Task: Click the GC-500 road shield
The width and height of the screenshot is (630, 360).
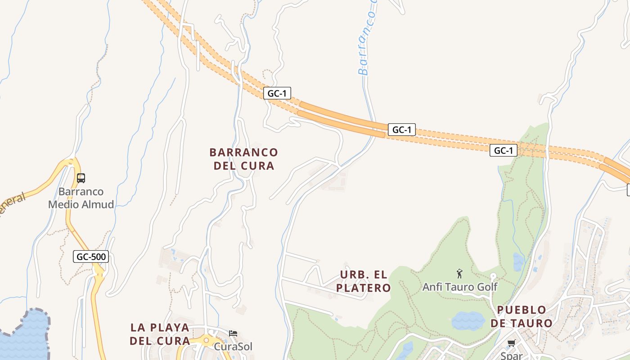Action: tap(91, 257)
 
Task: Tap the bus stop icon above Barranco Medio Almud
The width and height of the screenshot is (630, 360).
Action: tap(81, 178)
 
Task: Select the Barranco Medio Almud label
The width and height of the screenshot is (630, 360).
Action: tap(81, 198)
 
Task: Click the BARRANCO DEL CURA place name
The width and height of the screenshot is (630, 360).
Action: tap(244, 159)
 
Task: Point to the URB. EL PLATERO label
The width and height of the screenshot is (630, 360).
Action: tap(364, 281)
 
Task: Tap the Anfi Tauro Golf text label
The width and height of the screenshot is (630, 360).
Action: tap(459, 287)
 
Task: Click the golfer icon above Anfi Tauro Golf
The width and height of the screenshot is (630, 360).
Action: tap(459, 273)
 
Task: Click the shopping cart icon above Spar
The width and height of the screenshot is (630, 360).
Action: tap(511, 343)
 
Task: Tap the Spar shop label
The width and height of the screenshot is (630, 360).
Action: tap(512, 355)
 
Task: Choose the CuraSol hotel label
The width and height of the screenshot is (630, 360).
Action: tap(233, 346)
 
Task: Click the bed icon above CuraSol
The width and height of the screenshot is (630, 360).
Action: tap(233, 333)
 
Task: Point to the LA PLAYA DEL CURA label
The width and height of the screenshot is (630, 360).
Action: tap(160, 334)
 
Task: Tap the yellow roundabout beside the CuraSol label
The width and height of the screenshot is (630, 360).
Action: tap(206, 341)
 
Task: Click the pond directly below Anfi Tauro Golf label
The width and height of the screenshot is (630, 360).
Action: tap(468, 320)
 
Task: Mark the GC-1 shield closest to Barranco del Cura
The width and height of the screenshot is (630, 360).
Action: tap(277, 93)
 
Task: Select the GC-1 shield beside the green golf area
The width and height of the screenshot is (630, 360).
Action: tap(503, 150)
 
